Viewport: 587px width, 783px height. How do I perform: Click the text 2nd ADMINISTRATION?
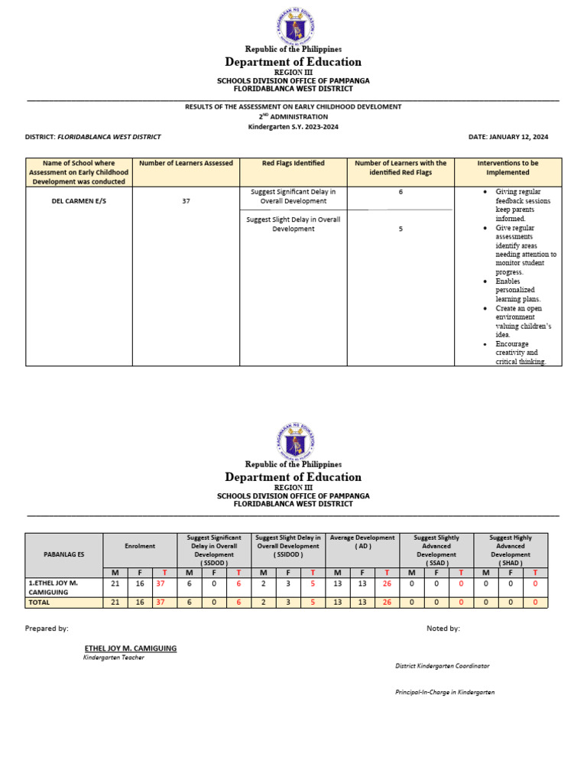click(x=293, y=116)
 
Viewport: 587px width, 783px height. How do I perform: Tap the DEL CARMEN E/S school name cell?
click(x=79, y=201)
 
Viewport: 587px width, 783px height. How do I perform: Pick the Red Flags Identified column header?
click(x=293, y=163)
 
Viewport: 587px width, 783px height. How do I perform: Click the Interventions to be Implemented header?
click(x=508, y=167)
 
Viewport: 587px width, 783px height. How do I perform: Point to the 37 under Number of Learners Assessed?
click(x=186, y=201)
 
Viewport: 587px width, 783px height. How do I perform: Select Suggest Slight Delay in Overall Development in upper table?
click(x=293, y=224)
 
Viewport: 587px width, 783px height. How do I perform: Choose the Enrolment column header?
click(x=140, y=546)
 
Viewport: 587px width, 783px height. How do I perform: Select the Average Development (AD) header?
click(x=362, y=542)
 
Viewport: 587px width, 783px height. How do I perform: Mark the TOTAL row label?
click(x=39, y=602)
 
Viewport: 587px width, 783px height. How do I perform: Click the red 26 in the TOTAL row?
click(x=388, y=602)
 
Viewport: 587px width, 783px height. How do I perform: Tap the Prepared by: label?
click(x=47, y=628)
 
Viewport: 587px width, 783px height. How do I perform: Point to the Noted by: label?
click(x=443, y=628)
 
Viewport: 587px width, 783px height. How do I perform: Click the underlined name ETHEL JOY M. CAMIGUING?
click(x=130, y=648)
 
